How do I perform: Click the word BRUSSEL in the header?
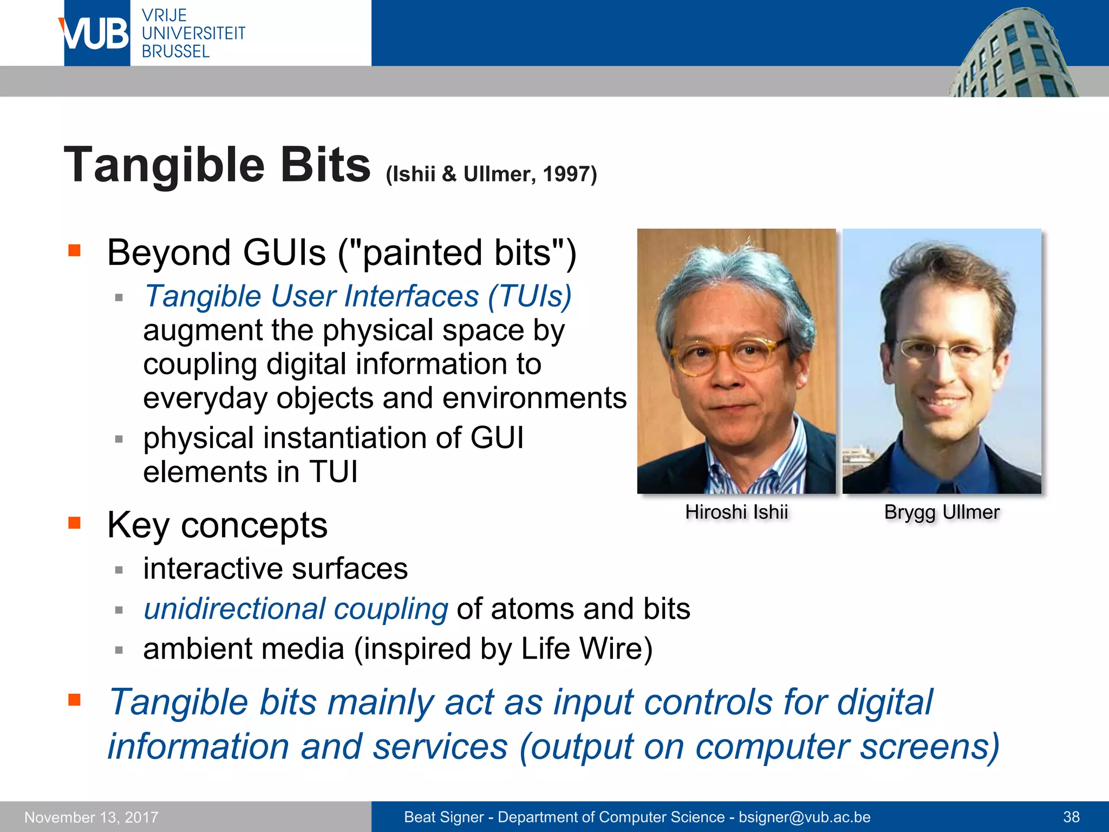point(175,51)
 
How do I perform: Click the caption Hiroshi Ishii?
point(736,512)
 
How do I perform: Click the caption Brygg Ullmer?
point(942,512)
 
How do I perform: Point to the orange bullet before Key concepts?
point(74,523)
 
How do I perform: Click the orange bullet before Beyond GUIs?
point(74,250)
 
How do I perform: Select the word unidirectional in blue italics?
point(233,609)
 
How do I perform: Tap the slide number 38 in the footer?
point(1071,817)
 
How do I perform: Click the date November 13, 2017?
point(92,817)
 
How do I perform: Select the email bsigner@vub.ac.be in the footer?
point(804,817)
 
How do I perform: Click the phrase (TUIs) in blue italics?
point(530,296)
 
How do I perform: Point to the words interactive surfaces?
point(275,569)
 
